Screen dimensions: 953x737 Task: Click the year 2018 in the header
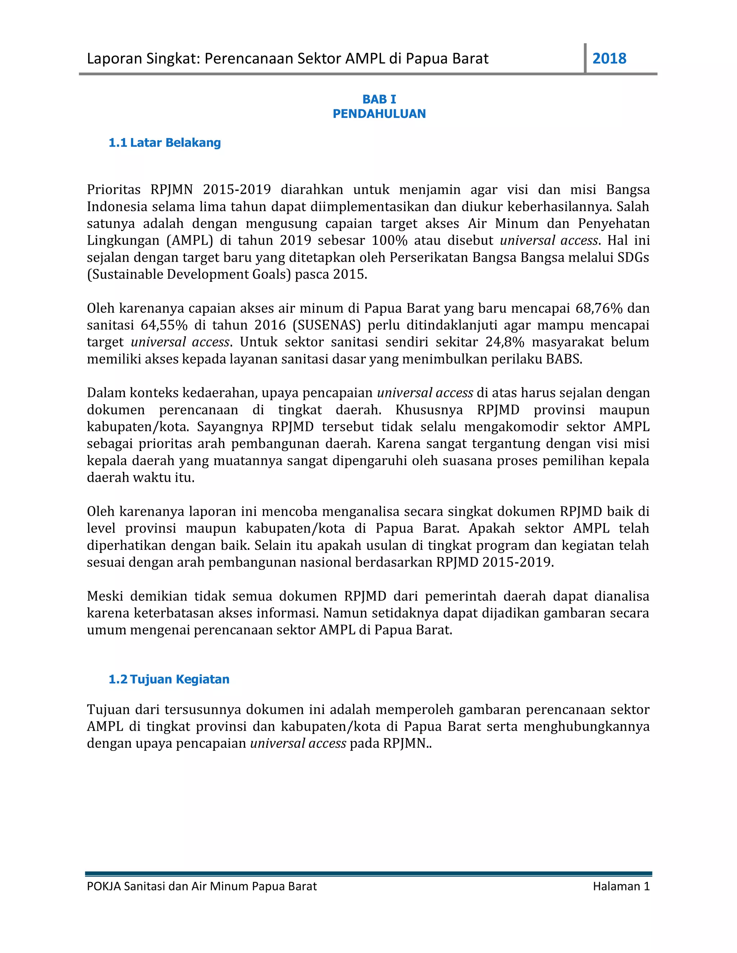click(x=609, y=59)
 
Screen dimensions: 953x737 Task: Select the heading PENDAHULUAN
click(x=379, y=114)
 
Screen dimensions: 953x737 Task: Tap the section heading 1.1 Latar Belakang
click(x=164, y=143)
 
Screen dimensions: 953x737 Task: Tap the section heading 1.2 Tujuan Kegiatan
click(x=169, y=679)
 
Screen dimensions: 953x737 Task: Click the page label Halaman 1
click(x=621, y=886)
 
